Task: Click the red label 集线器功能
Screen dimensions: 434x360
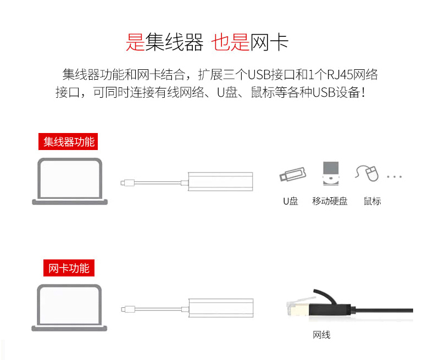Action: click(x=68, y=141)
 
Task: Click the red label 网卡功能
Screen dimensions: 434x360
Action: click(x=69, y=268)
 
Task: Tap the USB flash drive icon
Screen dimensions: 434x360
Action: click(x=293, y=174)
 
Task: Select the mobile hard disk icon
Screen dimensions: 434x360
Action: click(x=331, y=173)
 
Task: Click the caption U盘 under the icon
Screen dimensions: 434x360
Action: click(x=291, y=201)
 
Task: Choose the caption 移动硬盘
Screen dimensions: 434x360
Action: click(x=330, y=201)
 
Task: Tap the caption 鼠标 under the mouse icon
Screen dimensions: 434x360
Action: click(x=372, y=201)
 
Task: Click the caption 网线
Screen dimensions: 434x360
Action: click(x=321, y=335)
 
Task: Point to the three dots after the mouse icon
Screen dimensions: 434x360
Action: click(x=394, y=176)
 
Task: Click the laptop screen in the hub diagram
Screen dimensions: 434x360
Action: click(x=70, y=179)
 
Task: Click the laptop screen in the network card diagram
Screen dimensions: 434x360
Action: click(x=69, y=306)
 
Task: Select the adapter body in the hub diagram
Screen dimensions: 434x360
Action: click(x=221, y=181)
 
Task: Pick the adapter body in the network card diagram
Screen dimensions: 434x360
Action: click(x=221, y=308)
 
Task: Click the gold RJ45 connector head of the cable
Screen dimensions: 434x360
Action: click(x=299, y=309)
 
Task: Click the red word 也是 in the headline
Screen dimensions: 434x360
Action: click(x=230, y=42)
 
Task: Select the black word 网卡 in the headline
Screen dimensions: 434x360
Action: click(x=270, y=42)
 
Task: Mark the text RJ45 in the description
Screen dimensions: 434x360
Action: click(x=341, y=75)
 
